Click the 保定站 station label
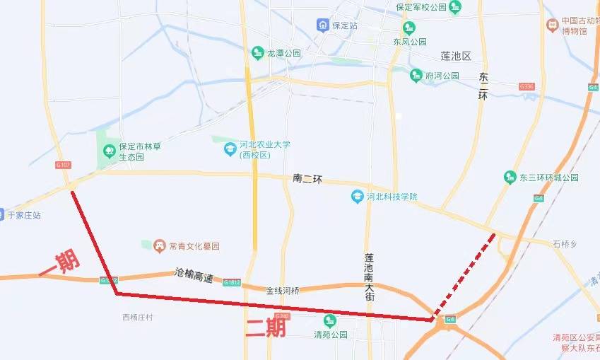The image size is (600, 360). click(345, 25)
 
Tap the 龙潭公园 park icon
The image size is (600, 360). click(257, 53)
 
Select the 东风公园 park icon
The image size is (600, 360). click(409, 28)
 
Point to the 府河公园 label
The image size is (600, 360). click(442, 75)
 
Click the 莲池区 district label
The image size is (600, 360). click(455, 55)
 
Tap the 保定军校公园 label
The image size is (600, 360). click(421, 7)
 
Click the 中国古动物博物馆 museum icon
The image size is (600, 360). click(553, 25)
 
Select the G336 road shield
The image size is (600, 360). click(526, 86)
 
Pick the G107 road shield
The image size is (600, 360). click(63, 165)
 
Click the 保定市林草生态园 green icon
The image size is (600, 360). click(109, 150)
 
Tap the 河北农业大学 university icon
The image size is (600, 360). click(230, 149)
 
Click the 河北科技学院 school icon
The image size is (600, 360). click(358, 196)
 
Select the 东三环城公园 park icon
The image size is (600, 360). click(510, 177)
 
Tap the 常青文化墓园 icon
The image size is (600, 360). click(160, 245)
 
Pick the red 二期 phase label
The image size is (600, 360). click(265, 327)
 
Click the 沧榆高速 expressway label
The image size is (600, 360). click(194, 276)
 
